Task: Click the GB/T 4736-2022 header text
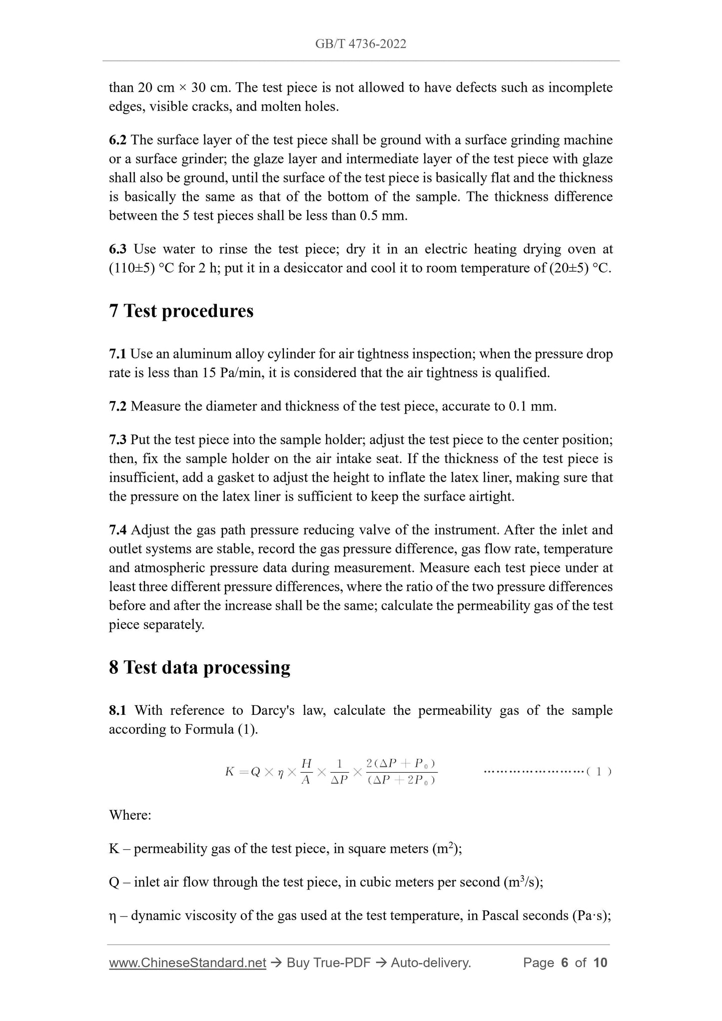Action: pos(360,44)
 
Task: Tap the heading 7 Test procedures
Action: pos(181,311)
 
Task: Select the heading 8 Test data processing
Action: pos(199,667)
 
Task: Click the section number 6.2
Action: pos(117,140)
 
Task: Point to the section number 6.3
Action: pos(117,249)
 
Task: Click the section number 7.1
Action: pos(117,354)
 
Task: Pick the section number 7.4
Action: pos(117,529)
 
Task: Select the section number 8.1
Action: pos(117,710)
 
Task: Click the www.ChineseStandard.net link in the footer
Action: pos(187,963)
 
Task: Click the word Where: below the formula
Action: pos(130,815)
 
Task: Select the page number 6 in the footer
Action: pos(565,963)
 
